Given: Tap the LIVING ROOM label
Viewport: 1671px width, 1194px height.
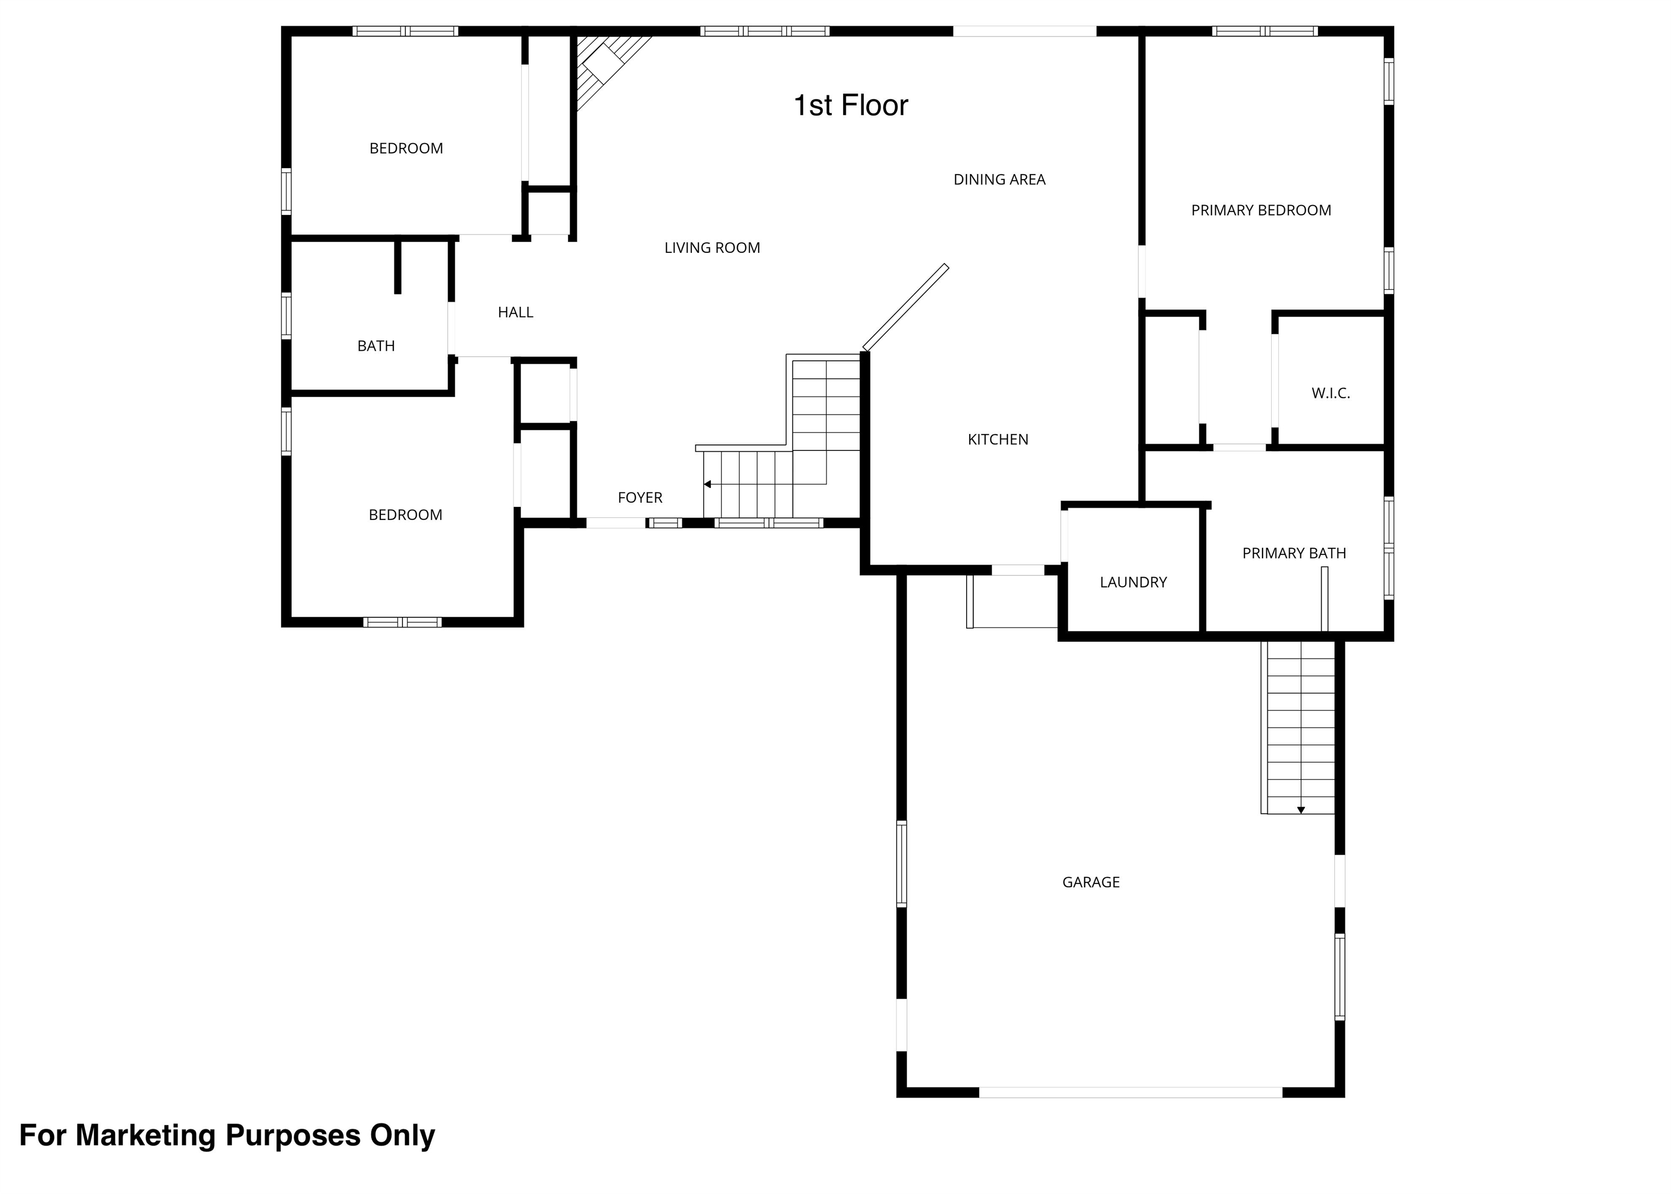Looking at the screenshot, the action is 711,248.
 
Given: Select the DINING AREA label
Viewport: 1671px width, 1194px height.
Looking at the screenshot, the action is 999,180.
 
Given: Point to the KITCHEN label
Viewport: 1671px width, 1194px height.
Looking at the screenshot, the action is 998,440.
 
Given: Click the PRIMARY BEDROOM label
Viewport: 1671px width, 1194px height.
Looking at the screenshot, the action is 1261,211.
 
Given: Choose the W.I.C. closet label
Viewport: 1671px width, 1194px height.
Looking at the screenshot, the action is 1330,393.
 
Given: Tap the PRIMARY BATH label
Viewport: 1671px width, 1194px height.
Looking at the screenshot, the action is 1294,553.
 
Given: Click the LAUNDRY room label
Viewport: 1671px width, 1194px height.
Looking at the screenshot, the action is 1133,582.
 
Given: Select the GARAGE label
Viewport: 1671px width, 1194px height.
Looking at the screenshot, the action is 1091,882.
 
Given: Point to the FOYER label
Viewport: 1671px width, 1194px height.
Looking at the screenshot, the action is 640,498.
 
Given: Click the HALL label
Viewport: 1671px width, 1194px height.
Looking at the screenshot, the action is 515,312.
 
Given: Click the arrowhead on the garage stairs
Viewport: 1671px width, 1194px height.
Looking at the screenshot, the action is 1301,810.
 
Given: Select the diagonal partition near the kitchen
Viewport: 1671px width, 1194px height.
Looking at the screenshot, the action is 906,307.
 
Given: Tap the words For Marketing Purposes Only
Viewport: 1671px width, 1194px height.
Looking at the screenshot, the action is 227,1136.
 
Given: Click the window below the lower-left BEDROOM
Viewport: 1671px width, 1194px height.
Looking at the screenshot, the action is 402,622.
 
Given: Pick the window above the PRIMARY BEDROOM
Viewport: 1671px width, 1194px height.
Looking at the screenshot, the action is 1265,31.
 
